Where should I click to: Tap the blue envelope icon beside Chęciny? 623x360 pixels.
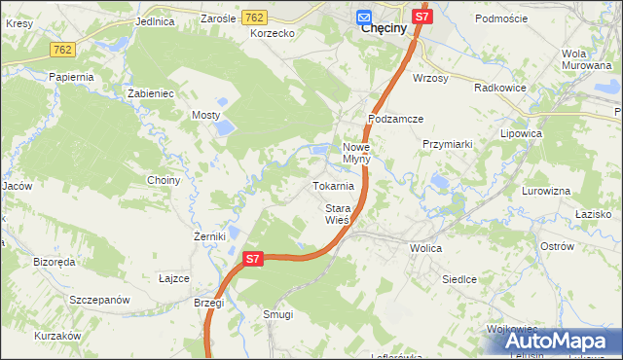pos(363,17)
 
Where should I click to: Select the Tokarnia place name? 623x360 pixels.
pos(333,186)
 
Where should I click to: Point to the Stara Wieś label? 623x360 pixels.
pos(336,214)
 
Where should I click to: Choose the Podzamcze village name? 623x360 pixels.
pos(395,119)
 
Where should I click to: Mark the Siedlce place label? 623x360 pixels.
pos(459,279)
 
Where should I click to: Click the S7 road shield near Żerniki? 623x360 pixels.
pos(252,259)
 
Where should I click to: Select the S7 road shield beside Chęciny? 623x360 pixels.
pos(421,17)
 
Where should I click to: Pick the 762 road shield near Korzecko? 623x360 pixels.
pos(255,18)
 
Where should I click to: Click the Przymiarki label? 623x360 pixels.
pos(447,144)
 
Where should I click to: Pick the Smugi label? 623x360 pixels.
pos(278,314)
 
